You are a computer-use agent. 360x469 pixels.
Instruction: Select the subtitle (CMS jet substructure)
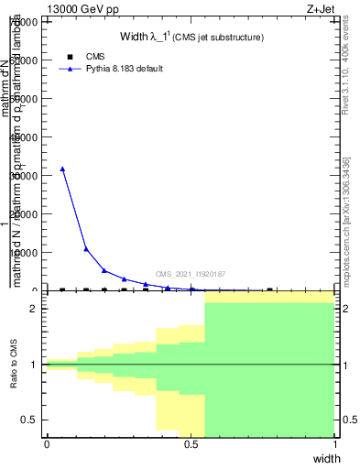220,38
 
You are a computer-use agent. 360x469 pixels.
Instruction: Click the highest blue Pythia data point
62,169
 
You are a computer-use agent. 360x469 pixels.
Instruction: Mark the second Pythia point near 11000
86,248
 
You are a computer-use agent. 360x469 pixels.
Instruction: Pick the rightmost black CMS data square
269,289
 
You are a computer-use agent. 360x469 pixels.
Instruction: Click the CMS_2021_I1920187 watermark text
190,274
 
